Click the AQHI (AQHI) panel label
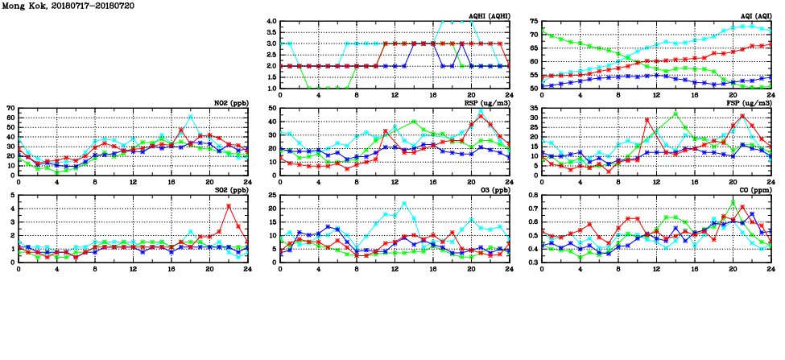[x=488, y=16]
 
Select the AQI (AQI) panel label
[x=754, y=16]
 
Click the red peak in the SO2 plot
[x=229, y=206]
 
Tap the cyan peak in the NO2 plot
[x=191, y=116]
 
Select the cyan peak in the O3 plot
[x=404, y=203]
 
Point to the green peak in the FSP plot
[x=676, y=114]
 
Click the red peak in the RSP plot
[x=481, y=115]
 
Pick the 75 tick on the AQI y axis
[x=535, y=22]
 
